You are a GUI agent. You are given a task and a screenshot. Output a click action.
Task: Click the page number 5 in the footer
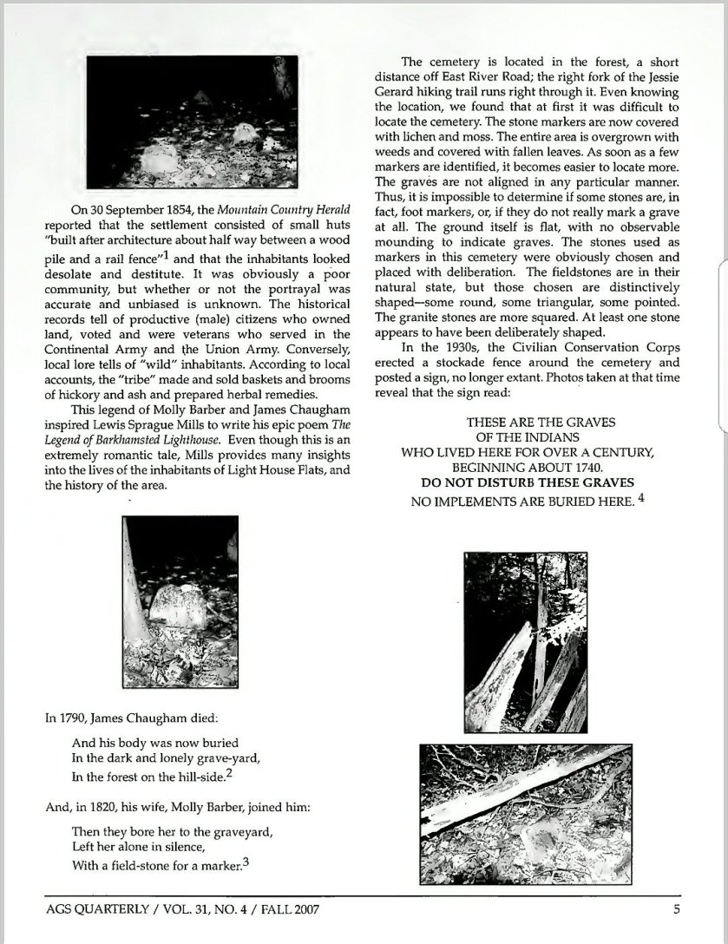click(676, 909)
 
